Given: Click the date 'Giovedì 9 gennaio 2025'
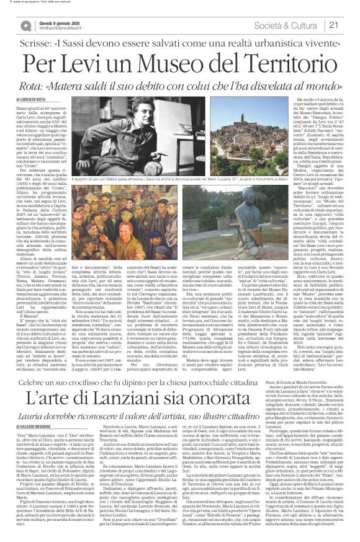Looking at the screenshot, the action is tap(61, 20).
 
